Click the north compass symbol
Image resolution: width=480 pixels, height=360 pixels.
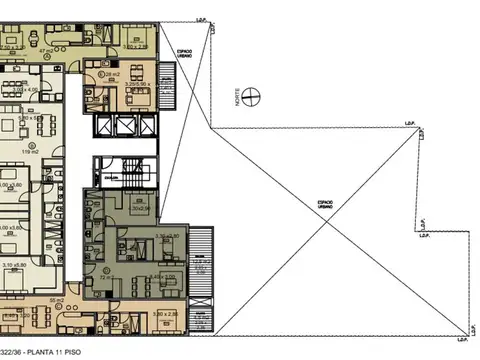pos(255,96)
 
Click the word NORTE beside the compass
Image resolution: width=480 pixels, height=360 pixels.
pos(237,97)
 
